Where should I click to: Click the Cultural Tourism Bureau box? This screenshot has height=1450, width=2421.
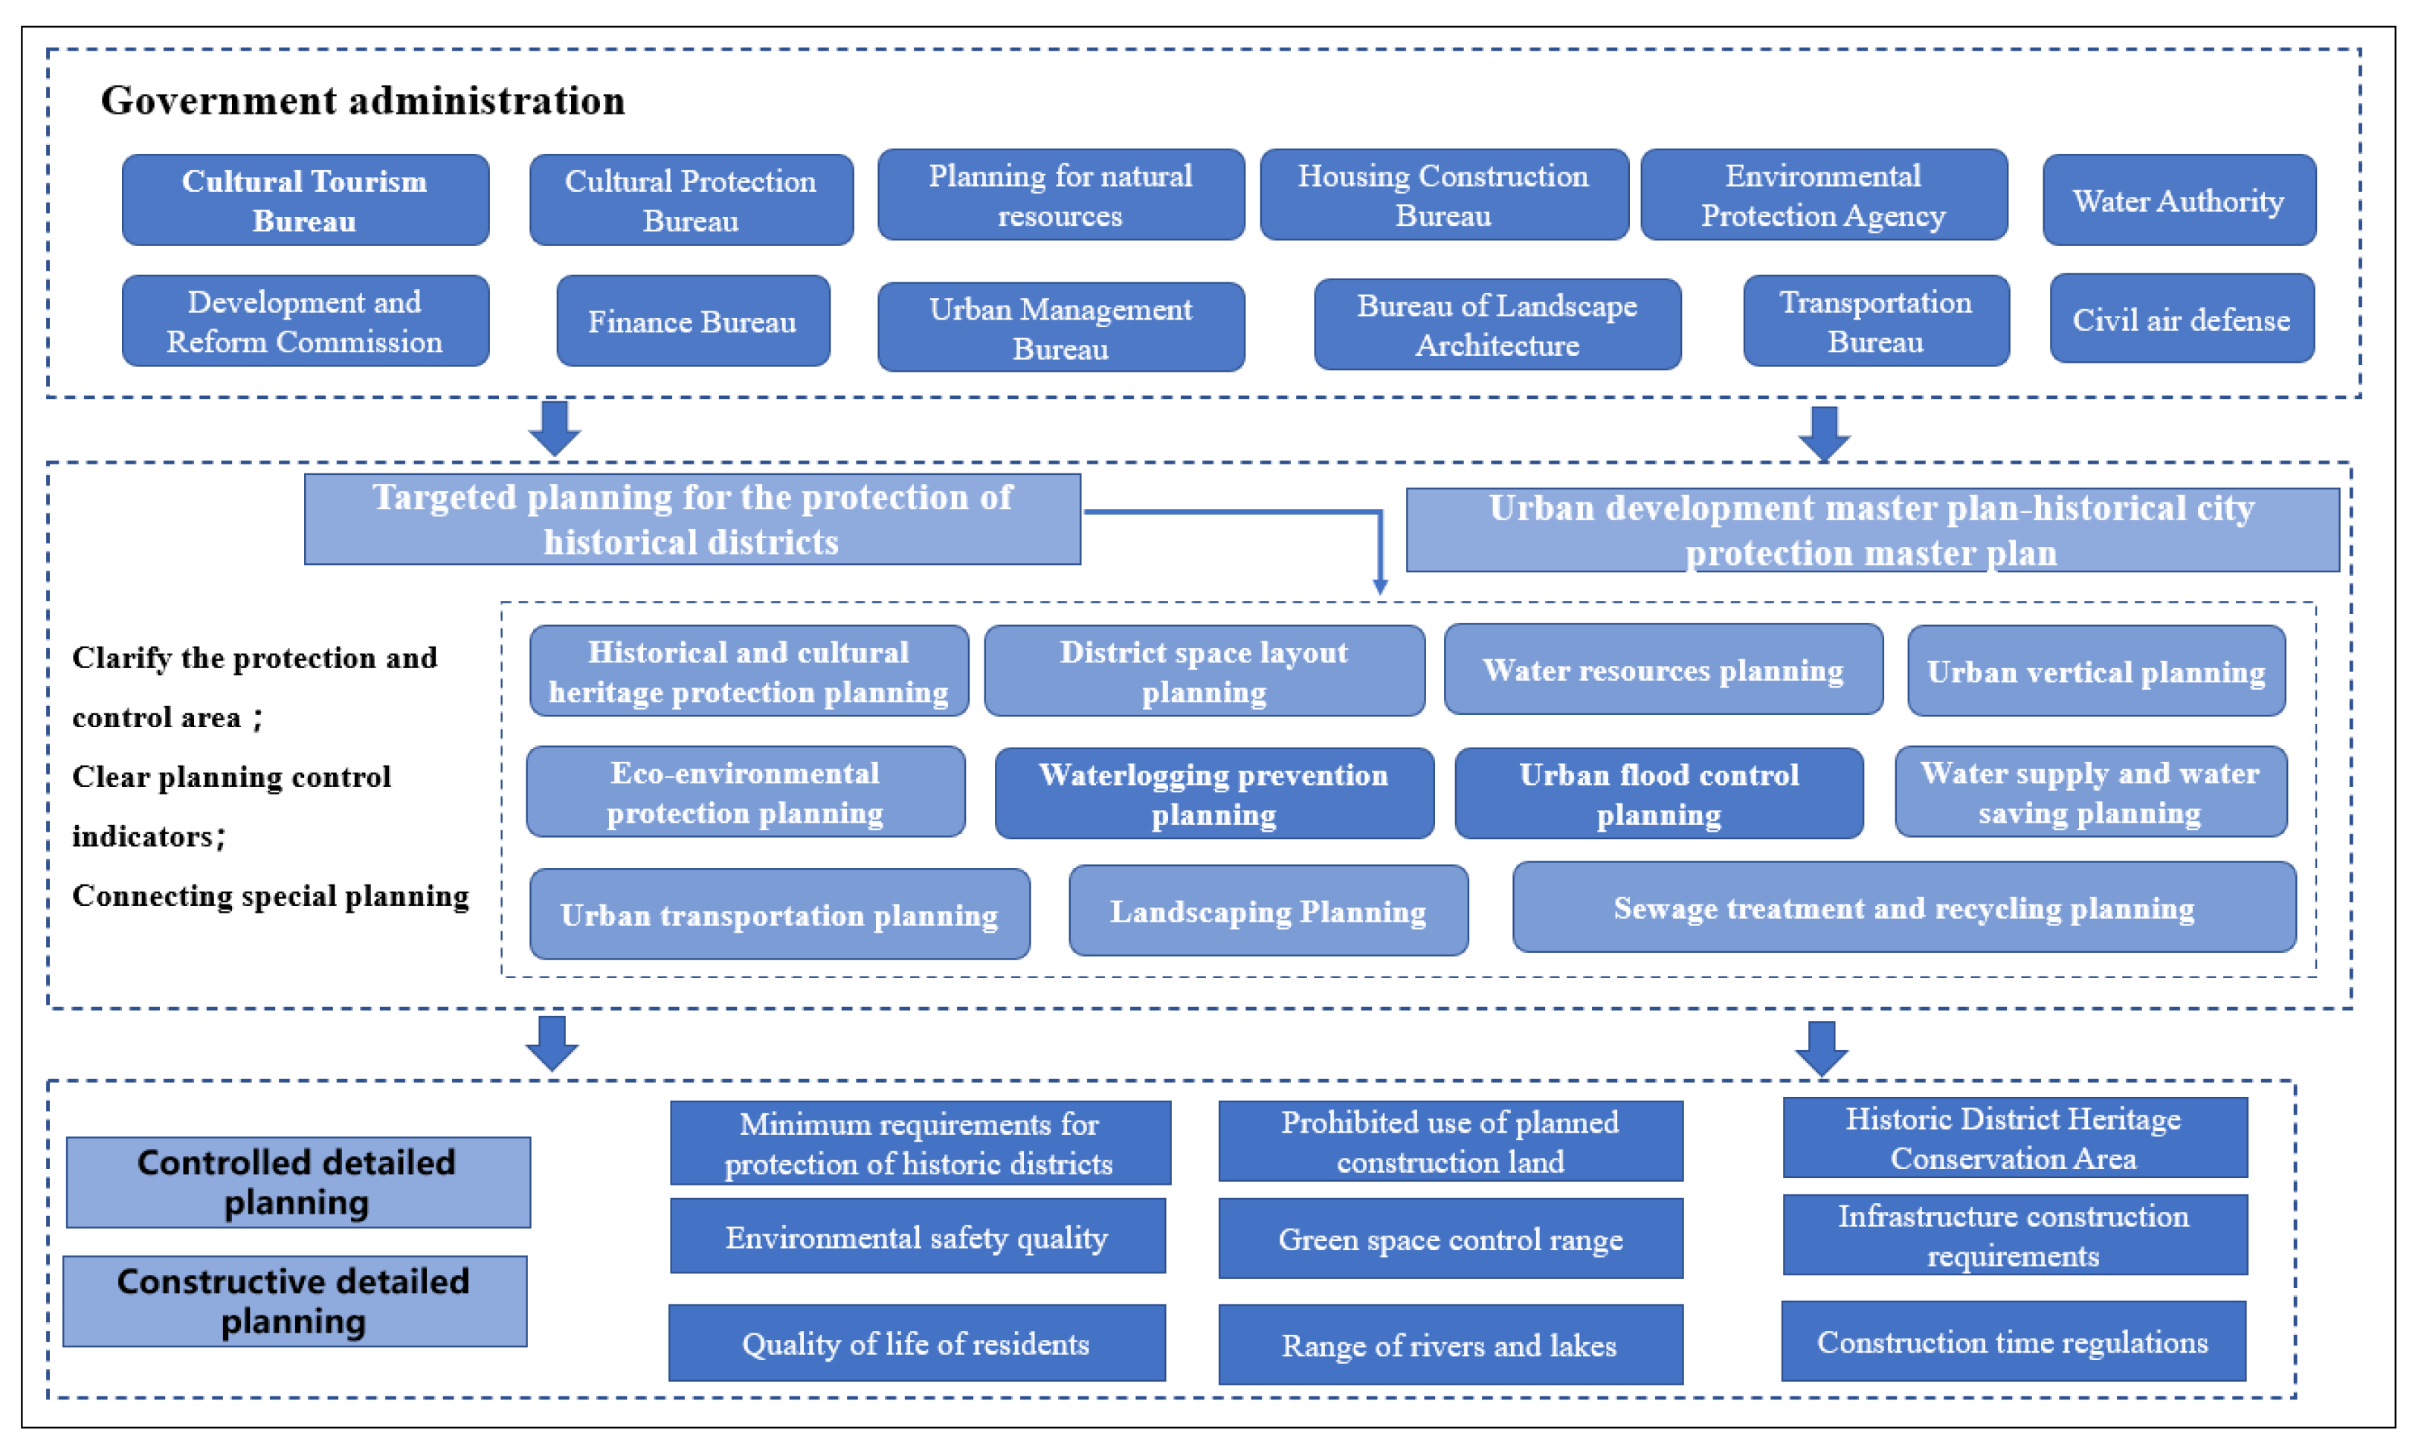(305, 201)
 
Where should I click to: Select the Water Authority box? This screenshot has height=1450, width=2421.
(2178, 201)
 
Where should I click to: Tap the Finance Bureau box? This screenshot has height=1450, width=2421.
(692, 322)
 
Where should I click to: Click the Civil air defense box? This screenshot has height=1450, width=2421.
(2181, 320)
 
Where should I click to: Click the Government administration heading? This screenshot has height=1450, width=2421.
(363, 100)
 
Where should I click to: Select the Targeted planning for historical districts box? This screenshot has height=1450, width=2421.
(692, 519)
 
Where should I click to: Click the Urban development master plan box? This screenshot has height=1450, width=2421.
(1871, 530)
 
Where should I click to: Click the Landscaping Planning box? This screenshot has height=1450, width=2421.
(1268, 910)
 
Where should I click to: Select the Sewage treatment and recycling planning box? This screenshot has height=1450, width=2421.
(1903, 907)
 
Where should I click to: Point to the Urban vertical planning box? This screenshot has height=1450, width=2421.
(2095, 671)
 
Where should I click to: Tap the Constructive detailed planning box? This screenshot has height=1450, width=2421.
(294, 1301)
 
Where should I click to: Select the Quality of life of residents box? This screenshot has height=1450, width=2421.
(916, 1344)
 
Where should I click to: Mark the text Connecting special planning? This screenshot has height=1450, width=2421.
(271, 896)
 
